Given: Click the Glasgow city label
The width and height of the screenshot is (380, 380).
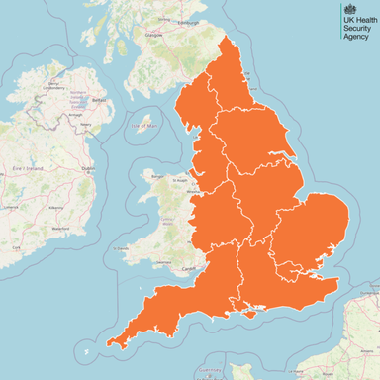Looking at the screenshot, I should coord(153,34).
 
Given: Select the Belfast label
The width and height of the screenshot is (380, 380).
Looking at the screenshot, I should coord(97,100).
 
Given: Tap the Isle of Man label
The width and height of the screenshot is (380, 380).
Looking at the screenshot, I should coord(145,126).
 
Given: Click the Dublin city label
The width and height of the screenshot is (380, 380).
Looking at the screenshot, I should coord(88,169).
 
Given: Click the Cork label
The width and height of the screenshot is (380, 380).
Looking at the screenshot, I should coord(17,243).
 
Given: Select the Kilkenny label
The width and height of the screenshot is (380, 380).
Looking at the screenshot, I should coord(55,208).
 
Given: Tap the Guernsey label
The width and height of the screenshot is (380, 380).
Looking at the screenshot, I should coord(207,367).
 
